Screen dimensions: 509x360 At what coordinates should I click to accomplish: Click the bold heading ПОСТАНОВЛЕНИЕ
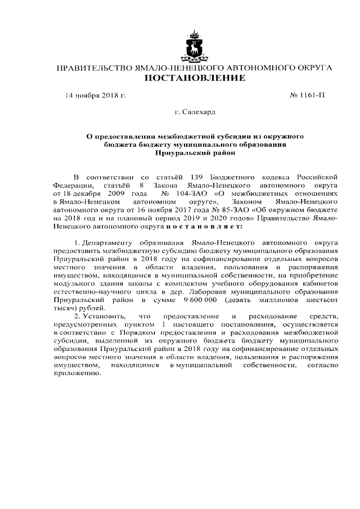[x=195, y=78]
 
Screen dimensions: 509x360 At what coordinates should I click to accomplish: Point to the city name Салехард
[x=199, y=112]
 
